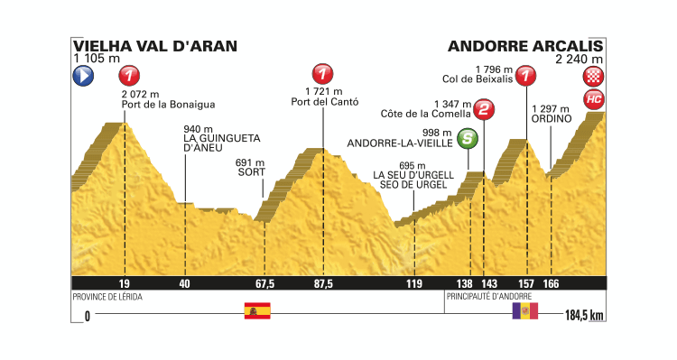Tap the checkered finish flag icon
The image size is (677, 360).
click(593, 76)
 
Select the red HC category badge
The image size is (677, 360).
click(593, 97)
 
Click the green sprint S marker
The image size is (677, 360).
click(468, 138)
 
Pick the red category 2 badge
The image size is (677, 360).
click(485, 111)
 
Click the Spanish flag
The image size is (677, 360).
click(257, 311)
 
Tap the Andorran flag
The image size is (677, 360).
click(524, 311)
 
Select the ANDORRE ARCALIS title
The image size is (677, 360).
click(524, 45)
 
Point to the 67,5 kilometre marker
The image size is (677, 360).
click(264, 283)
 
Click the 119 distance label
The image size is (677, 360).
click(413, 283)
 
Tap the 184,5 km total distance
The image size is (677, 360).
click(582, 316)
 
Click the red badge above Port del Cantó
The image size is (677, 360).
click(321, 74)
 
